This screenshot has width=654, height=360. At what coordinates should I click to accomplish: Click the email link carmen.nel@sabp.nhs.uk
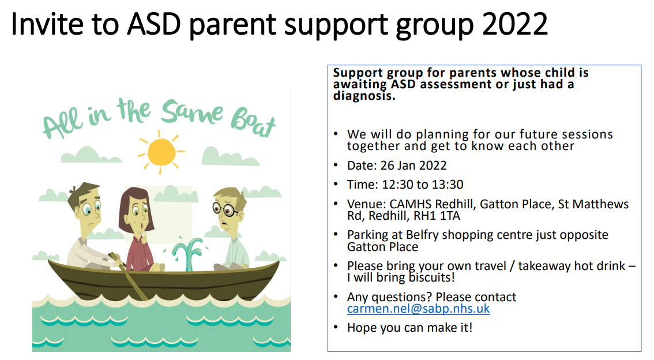(418, 309)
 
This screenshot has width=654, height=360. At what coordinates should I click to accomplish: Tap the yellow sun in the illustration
(161, 152)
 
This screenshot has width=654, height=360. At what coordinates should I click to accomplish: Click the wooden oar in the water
(129, 276)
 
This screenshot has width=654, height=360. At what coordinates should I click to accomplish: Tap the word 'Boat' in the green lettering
(254, 122)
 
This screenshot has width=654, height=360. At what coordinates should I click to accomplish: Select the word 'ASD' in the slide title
(154, 24)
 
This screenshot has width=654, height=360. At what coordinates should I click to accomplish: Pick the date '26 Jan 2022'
(414, 166)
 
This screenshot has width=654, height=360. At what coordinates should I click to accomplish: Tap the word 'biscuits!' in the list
(431, 278)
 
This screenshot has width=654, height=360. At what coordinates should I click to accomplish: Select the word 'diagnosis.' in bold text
(364, 96)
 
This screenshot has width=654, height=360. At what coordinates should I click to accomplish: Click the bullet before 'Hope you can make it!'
(336, 327)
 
